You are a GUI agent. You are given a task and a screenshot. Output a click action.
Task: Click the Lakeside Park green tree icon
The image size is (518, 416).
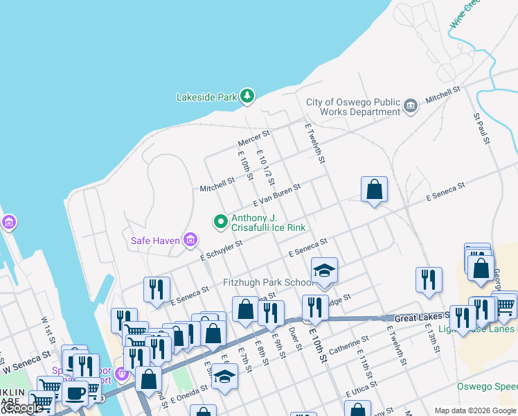247,96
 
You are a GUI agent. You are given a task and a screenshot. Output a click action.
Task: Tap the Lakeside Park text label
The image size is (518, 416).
206,97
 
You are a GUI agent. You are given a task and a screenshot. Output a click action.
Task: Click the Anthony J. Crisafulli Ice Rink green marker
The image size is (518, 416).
221,222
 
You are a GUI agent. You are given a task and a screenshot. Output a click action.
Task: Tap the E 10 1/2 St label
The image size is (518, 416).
266,169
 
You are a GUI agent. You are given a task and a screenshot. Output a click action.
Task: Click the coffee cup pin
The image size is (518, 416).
75,392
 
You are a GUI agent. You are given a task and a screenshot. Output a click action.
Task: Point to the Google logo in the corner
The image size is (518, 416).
22,408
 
